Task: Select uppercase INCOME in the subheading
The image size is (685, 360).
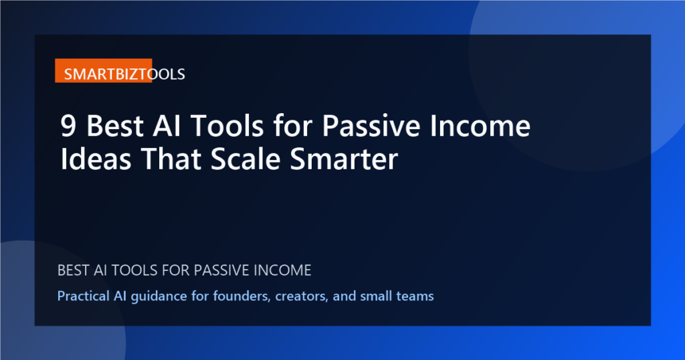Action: [x=282, y=271]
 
